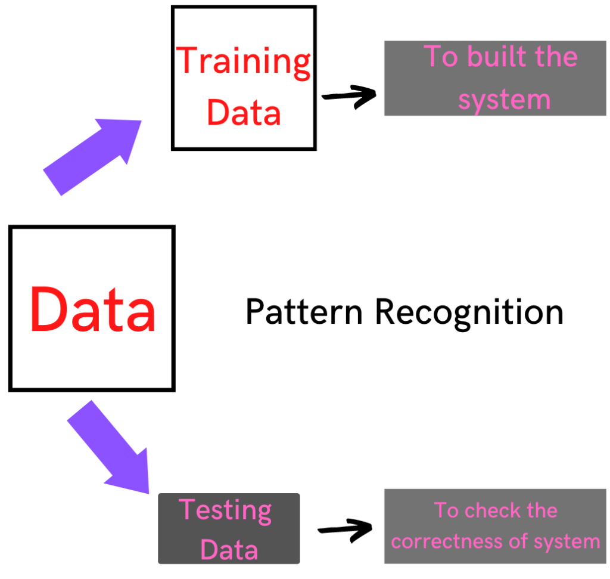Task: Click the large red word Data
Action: (92, 310)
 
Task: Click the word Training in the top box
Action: (244, 61)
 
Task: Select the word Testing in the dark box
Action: (225, 511)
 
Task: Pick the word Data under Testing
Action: (229, 549)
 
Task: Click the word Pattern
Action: (304, 312)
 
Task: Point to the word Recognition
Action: (469, 313)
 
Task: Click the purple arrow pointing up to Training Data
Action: (92, 156)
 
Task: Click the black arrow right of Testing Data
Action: (346, 528)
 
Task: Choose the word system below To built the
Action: (504, 99)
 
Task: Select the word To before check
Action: (447, 510)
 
